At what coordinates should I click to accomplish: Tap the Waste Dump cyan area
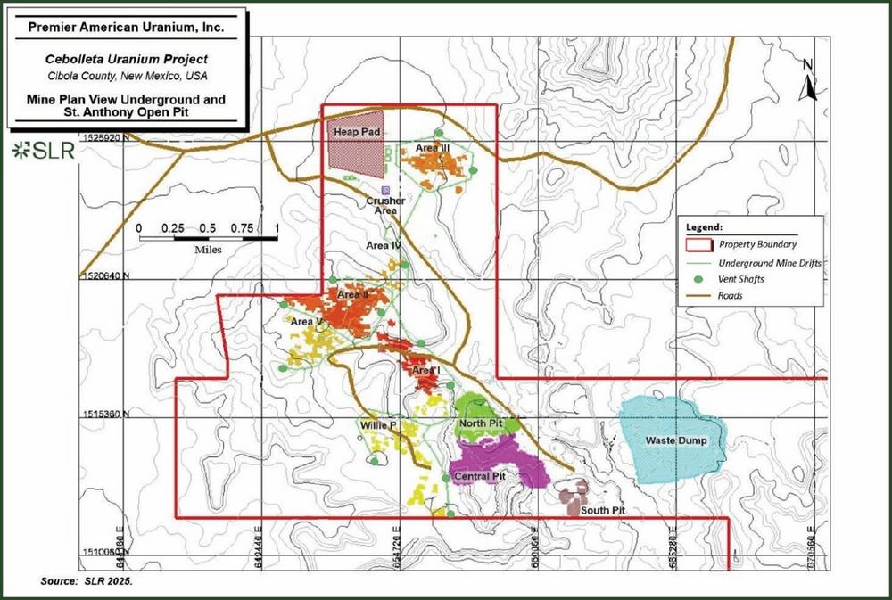click(x=669, y=437)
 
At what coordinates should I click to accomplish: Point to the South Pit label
click(x=602, y=511)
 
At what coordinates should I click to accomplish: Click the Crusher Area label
click(x=385, y=206)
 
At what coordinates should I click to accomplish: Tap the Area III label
click(x=431, y=147)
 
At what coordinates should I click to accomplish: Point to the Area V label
click(x=306, y=321)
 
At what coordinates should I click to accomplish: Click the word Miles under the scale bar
click(x=208, y=250)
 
